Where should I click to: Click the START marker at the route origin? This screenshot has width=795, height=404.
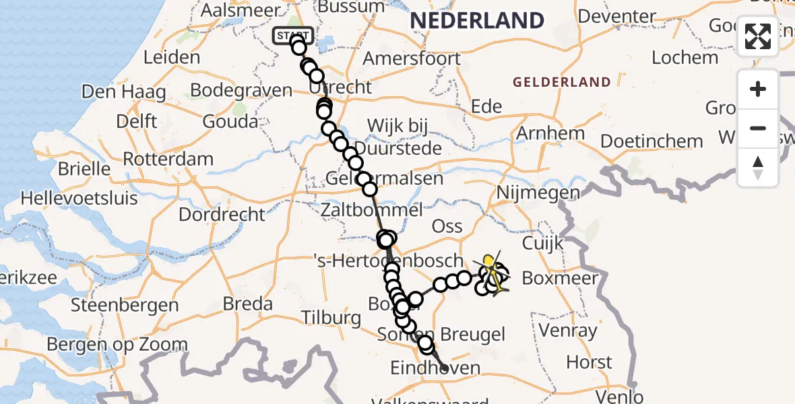292,35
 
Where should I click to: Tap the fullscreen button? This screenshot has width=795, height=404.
758,36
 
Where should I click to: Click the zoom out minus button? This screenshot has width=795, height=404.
758,128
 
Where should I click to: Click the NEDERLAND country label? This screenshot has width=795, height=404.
477,20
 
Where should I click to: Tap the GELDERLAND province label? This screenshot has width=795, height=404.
562,83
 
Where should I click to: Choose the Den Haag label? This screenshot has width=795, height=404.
123,91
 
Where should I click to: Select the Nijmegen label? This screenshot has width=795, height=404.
538,193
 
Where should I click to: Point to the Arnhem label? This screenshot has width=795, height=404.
550,133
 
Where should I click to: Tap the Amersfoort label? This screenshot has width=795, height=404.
412,58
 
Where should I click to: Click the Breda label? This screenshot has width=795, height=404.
247,304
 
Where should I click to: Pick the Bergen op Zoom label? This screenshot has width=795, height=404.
117,345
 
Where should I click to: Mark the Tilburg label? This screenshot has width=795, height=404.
331,317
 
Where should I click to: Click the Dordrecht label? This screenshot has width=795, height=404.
222,214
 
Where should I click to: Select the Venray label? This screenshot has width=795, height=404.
568,331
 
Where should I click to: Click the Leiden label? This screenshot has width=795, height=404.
172,57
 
